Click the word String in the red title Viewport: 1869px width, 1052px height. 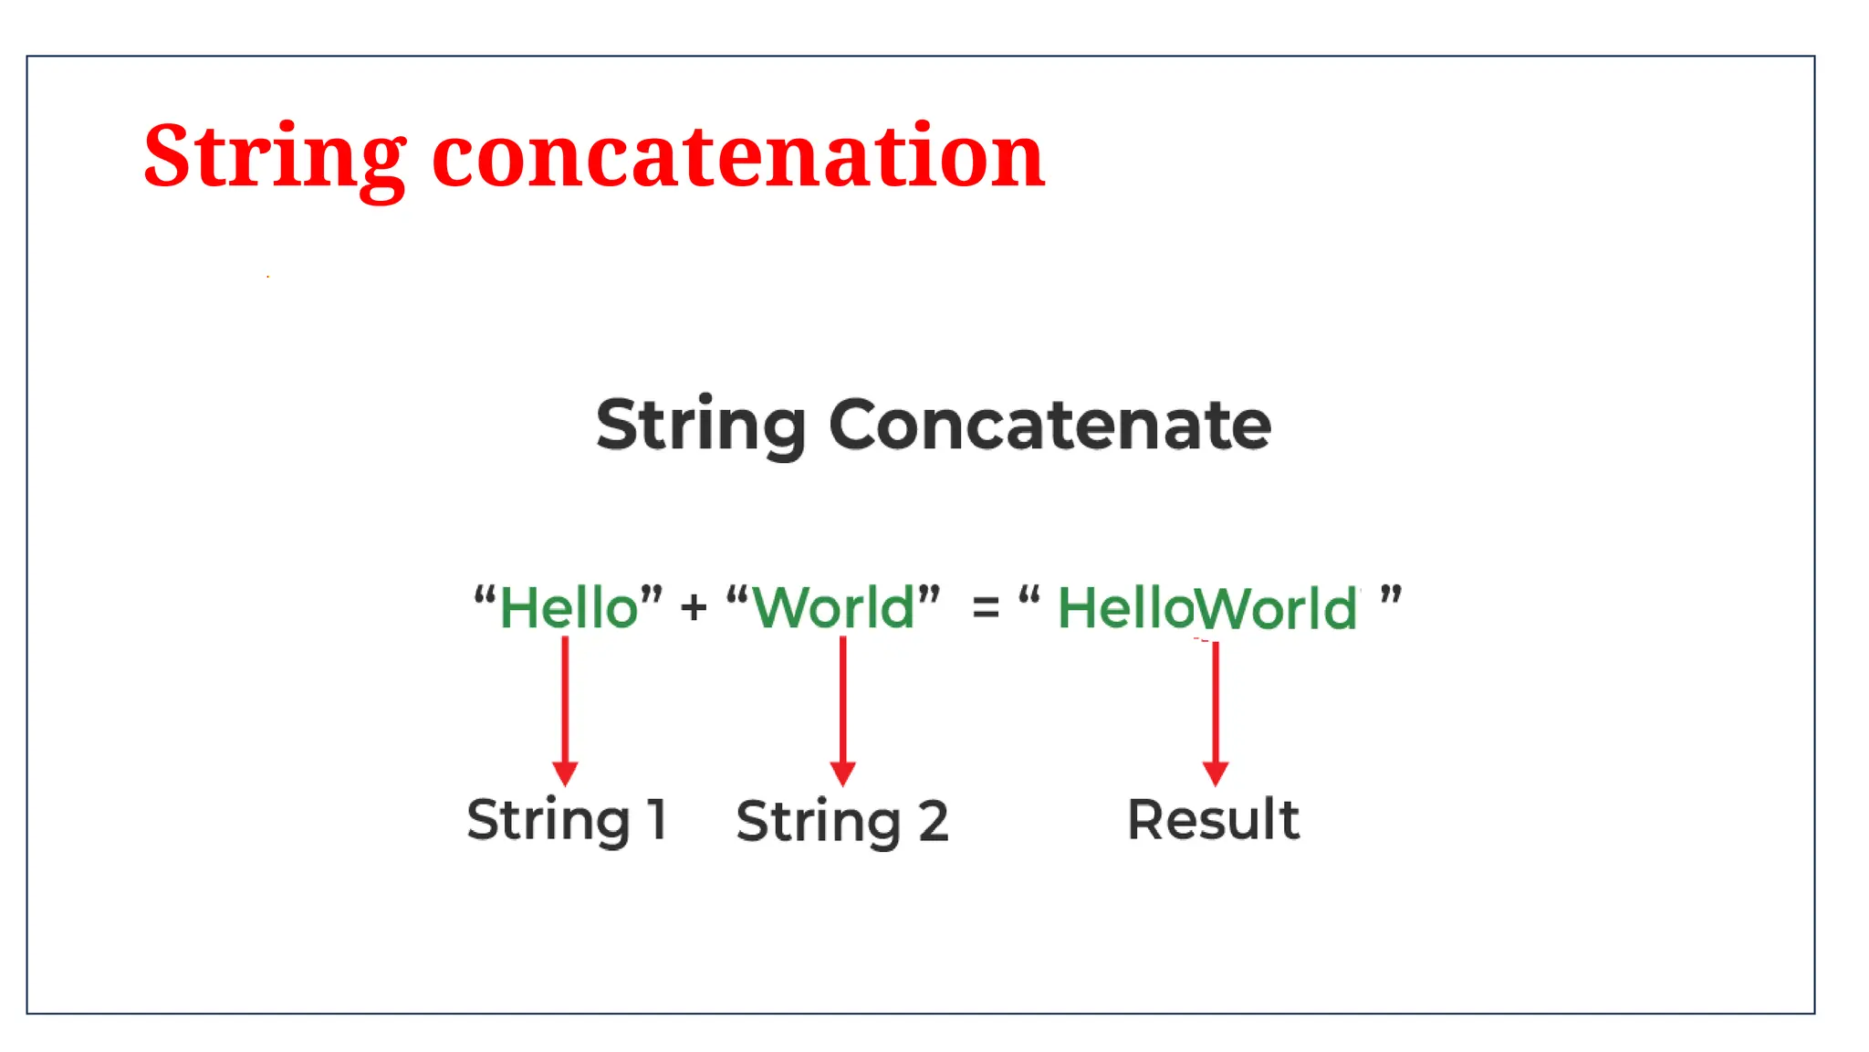pos(274,157)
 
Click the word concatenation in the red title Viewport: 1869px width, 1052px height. pos(738,157)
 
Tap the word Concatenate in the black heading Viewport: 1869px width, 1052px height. pos(1049,425)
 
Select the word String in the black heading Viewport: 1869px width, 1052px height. pos(700,425)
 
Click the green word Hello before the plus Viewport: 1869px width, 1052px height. pos(569,607)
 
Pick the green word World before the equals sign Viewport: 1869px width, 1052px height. pos(833,607)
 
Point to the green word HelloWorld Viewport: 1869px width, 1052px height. pos(1207,608)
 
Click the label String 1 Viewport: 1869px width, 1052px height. pos(567,819)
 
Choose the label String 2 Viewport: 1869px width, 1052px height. pos(841,820)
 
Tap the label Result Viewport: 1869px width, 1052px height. pos(1213,819)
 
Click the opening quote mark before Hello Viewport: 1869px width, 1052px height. pos(485,598)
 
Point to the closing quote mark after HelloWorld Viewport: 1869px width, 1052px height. pos(1390,597)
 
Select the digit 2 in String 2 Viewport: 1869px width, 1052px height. pos(933,820)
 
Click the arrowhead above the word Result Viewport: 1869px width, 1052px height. pos(1215,773)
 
